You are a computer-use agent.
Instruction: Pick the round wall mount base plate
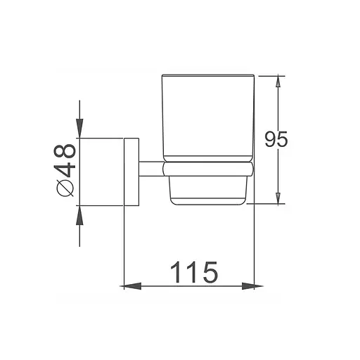131,172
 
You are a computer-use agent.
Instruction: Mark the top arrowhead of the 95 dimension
280,80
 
